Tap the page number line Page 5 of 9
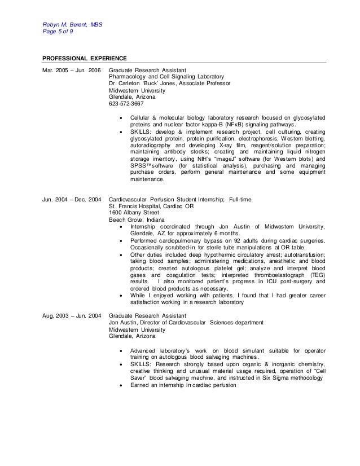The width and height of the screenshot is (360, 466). point(58,32)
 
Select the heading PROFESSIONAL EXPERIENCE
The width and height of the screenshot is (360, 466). point(85,58)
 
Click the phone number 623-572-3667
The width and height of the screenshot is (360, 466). point(126,104)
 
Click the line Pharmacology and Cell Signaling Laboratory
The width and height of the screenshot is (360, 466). point(166,77)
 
